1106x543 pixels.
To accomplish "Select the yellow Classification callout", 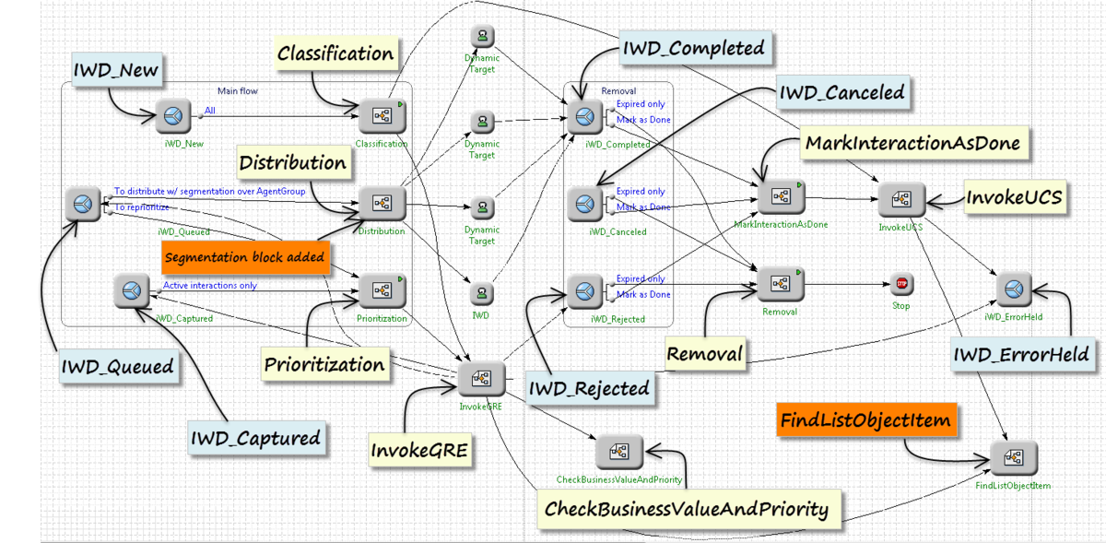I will (335, 54).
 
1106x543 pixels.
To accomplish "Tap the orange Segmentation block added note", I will (245, 257).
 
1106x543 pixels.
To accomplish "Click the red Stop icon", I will (901, 285).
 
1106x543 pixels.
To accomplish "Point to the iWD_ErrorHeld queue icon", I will (1013, 290).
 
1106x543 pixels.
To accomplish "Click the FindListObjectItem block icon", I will (1013, 457).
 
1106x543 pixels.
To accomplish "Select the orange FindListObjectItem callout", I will (865, 421).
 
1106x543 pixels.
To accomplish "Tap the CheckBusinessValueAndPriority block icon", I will (618, 452).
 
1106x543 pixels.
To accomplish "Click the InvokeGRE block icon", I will (481, 378).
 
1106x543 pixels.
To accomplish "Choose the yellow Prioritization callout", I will (324, 364).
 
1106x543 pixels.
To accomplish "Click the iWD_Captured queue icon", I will (132, 291).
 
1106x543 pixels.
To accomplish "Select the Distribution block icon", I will (381, 204).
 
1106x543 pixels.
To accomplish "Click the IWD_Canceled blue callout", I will (841, 92).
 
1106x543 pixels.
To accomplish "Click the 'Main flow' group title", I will (237, 91).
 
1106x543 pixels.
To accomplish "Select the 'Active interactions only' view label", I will (209, 286).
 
